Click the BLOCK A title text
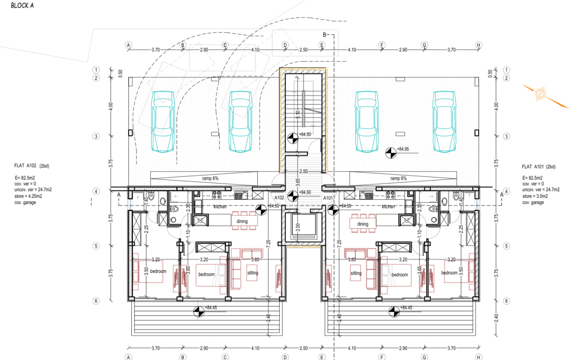(x=22, y=6)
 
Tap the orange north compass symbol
(x=540, y=93)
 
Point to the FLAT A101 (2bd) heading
(x=538, y=167)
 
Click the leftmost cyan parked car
(x=163, y=121)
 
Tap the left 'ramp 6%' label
(x=210, y=178)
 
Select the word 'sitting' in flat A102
(x=252, y=273)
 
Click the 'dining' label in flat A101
(x=362, y=224)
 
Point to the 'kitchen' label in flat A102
(x=220, y=206)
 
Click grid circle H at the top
(x=479, y=45)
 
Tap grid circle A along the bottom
(x=129, y=357)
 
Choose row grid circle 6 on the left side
(x=96, y=301)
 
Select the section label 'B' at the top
(x=325, y=34)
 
